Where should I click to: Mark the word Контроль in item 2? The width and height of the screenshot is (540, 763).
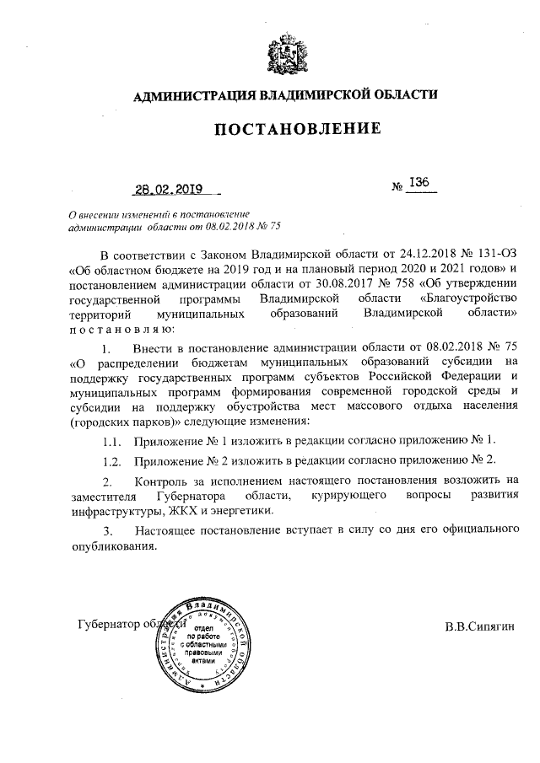(163, 481)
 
